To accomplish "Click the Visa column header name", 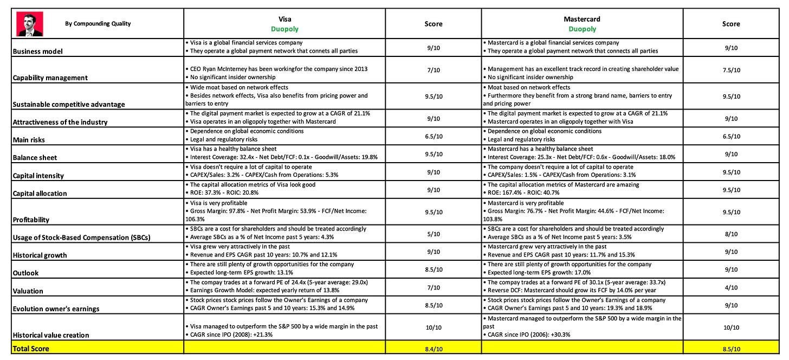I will pyautogui.click(x=284, y=19).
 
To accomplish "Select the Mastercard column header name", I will pyautogui.click(x=582, y=19).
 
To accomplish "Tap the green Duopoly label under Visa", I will pyautogui.click(x=284, y=29).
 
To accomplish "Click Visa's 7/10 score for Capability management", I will pyautogui.click(x=433, y=70).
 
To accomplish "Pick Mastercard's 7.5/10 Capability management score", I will pyautogui.click(x=730, y=70).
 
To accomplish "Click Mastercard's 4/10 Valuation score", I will pyautogui.click(x=730, y=287).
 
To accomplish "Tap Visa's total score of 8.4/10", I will pyautogui.click(x=433, y=349).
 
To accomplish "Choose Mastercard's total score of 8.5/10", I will pyautogui.click(x=730, y=349).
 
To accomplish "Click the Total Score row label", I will pyautogui.click(x=31, y=349).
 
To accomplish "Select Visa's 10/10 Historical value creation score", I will pyautogui.click(x=433, y=327).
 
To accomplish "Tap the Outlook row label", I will pyautogui.click(x=25, y=273).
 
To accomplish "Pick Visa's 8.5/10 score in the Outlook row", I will pyautogui.click(x=433, y=269).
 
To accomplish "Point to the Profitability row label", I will pyautogui.click(x=30, y=220).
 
